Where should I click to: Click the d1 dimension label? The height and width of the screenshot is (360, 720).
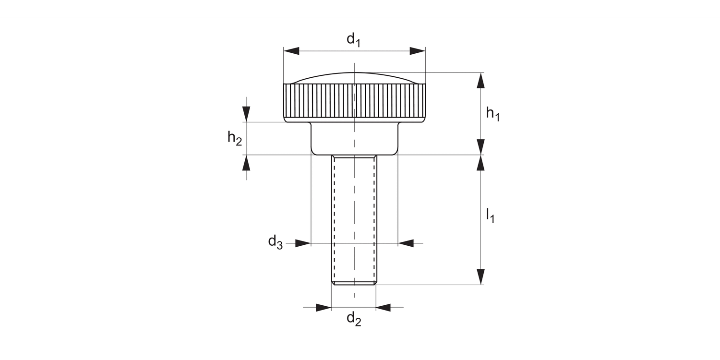353,39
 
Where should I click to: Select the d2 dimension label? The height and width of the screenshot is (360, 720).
354,319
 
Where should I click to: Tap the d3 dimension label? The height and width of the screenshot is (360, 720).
275,242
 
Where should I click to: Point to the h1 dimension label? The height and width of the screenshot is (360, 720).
492,114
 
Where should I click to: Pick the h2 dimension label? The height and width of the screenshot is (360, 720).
235,138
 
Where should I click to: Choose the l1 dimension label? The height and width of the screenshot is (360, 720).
490,215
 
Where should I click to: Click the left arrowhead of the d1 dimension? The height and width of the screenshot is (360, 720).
291,51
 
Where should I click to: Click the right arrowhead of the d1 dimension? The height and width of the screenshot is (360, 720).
418,51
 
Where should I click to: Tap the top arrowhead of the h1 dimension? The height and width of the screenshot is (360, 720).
480,81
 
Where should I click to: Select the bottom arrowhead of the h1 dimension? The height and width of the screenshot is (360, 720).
480,147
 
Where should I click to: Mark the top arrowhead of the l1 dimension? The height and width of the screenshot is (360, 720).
480,163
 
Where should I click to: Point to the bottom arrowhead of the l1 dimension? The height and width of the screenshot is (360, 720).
480,277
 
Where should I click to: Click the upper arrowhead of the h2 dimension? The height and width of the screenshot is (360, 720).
246,114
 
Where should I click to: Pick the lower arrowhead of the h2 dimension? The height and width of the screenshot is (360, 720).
246,163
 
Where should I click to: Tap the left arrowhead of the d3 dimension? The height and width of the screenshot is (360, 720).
303,243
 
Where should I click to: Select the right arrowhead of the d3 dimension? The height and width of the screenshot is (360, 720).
406,243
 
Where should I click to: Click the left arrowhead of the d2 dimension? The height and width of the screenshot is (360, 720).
324,307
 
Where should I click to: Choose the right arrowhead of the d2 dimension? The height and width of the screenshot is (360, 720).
384,307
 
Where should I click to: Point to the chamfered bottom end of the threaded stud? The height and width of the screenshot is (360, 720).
354,283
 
